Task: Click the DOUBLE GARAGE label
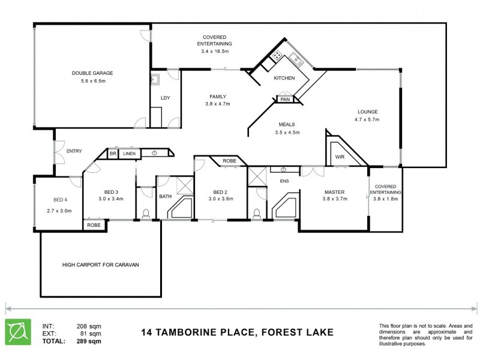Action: click(x=92, y=73)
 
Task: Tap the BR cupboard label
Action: click(x=113, y=154)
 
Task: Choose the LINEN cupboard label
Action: click(x=130, y=154)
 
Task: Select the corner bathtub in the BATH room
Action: click(x=178, y=208)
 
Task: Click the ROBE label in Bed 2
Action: click(x=229, y=161)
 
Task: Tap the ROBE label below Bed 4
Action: click(x=94, y=226)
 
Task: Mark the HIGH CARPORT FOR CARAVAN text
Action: click(x=101, y=264)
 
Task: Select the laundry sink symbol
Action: click(x=155, y=78)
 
